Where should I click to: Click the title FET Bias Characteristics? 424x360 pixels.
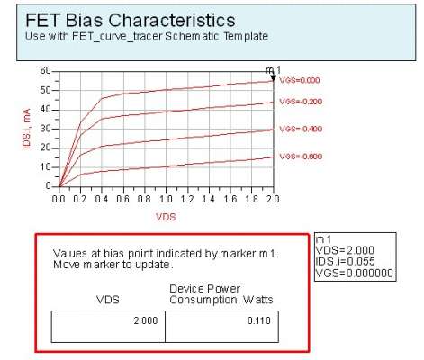click(x=131, y=21)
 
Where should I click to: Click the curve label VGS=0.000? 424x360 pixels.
click(x=300, y=80)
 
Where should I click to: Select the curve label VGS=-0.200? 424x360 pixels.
click(x=301, y=102)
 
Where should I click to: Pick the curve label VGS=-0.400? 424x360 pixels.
click(x=301, y=129)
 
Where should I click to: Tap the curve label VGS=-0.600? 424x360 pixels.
click(x=301, y=157)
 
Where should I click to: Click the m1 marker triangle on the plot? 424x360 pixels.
click(x=273, y=78)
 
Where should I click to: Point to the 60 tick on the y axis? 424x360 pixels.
click(x=45, y=71)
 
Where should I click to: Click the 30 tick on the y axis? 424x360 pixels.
click(x=45, y=129)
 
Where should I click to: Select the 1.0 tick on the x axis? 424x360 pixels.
click(x=166, y=199)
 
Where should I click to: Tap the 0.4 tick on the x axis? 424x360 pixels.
click(x=102, y=199)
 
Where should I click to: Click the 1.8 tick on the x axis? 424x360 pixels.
click(x=251, y=199)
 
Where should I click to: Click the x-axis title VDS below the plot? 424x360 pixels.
click(x=166, y=217)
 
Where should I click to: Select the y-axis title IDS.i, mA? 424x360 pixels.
click(x=27, y=129)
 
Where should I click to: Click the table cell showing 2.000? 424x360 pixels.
click(x=108, y=327)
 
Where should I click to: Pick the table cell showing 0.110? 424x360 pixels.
click(x=221, y=327)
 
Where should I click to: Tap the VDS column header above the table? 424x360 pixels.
click(x=108, y=300)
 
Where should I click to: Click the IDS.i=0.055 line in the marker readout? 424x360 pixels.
click(x=345, y=262)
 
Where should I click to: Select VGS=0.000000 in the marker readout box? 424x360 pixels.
click(x=355, y=274)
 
